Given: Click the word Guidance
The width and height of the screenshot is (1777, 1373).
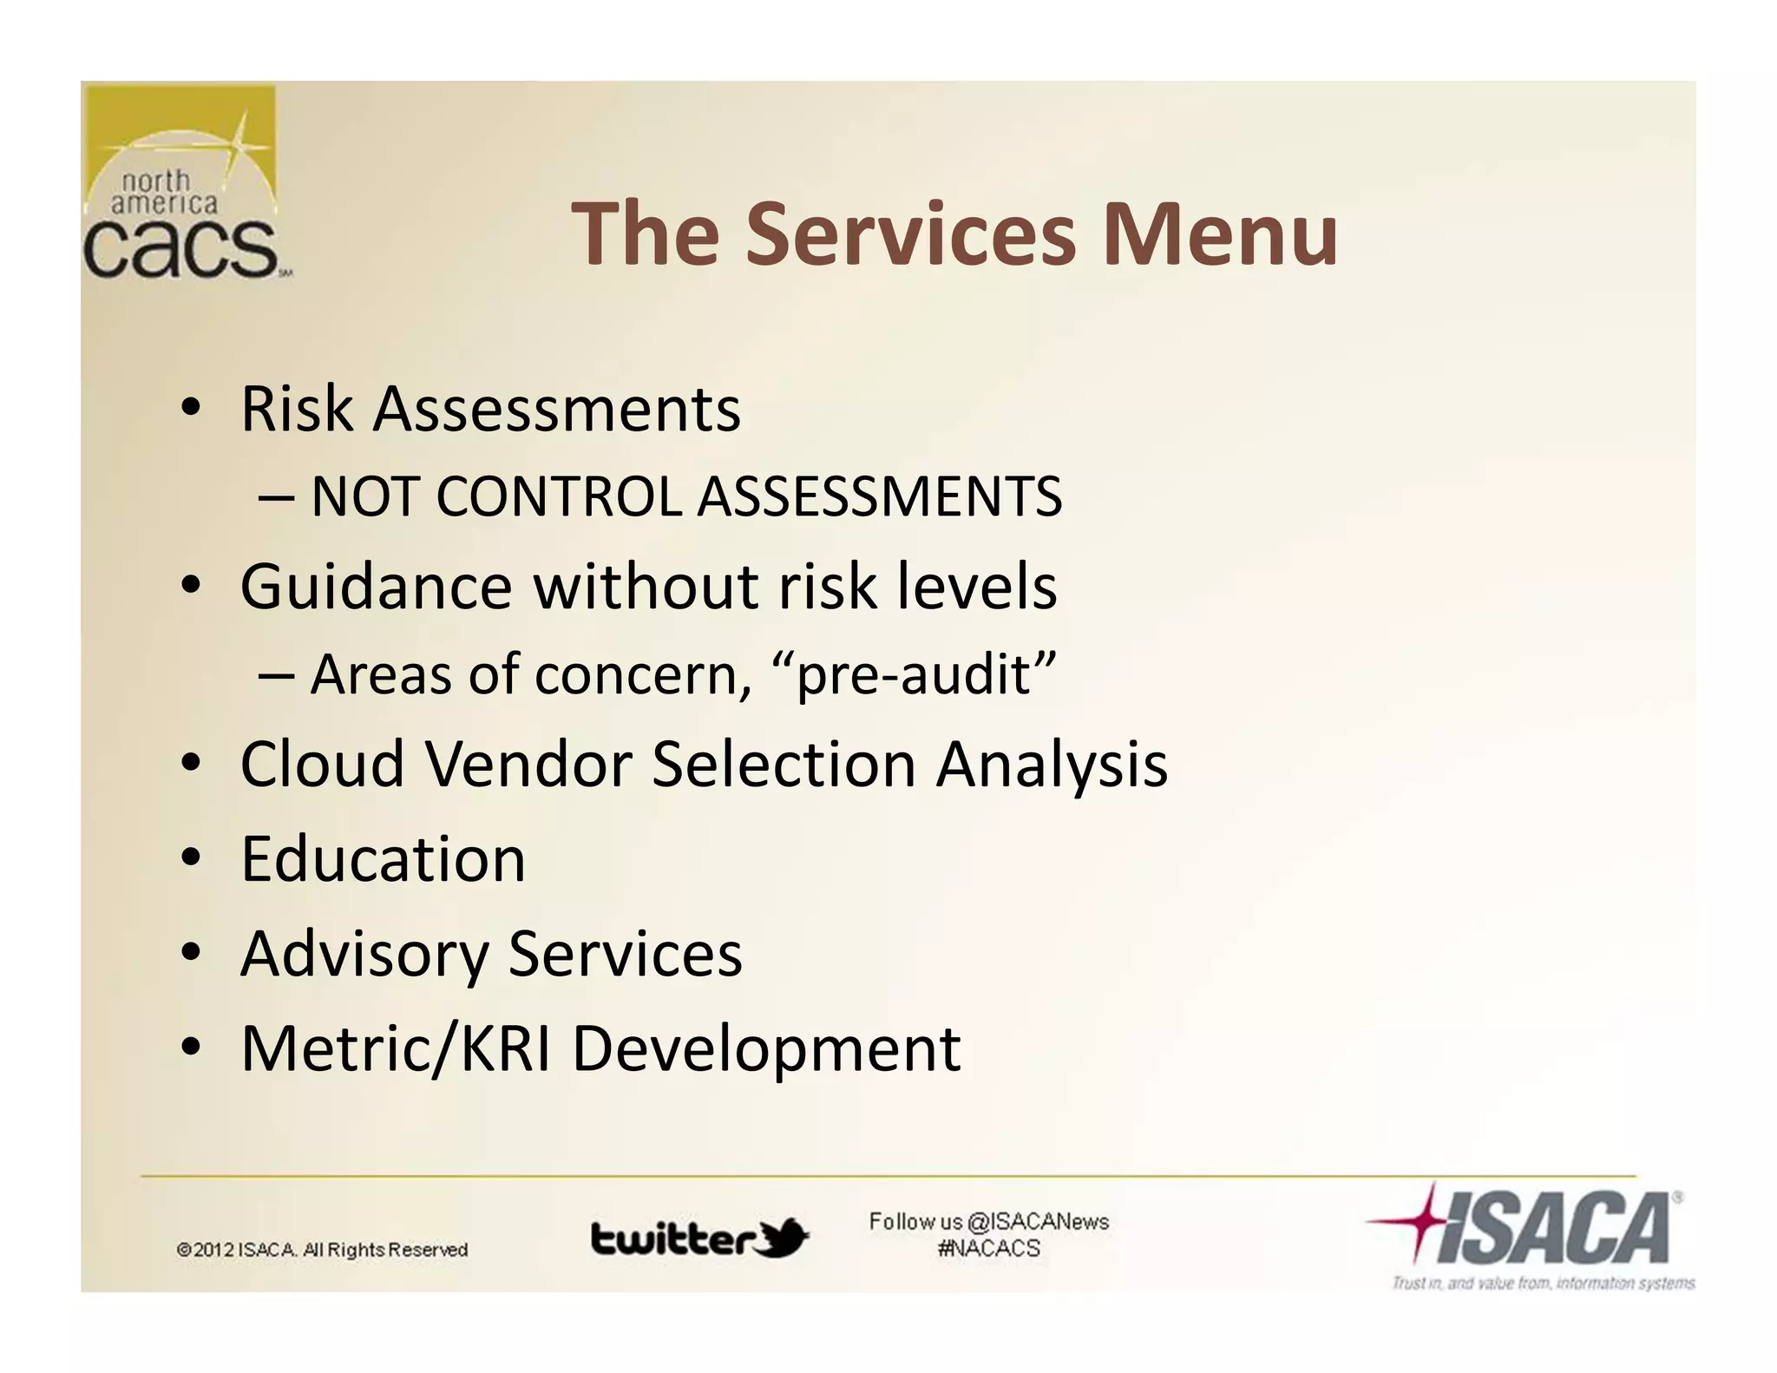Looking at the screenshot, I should [x=376, y=587].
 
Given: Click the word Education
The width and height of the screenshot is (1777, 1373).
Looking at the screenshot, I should [x=383, y=859].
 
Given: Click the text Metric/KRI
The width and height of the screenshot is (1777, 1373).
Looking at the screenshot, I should [x=395, y=1048].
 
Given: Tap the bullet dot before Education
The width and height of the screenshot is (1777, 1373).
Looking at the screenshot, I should [x=191, y=858].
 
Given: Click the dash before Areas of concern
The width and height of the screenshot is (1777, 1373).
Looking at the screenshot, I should [x=275, y=676].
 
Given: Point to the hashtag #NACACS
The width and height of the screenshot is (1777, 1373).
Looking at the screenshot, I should [x=988, y=1249].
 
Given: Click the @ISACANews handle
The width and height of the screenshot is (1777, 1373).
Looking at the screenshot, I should [x=1037, y=1222].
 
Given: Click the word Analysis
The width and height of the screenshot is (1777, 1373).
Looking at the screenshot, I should [x=1052, y=765].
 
